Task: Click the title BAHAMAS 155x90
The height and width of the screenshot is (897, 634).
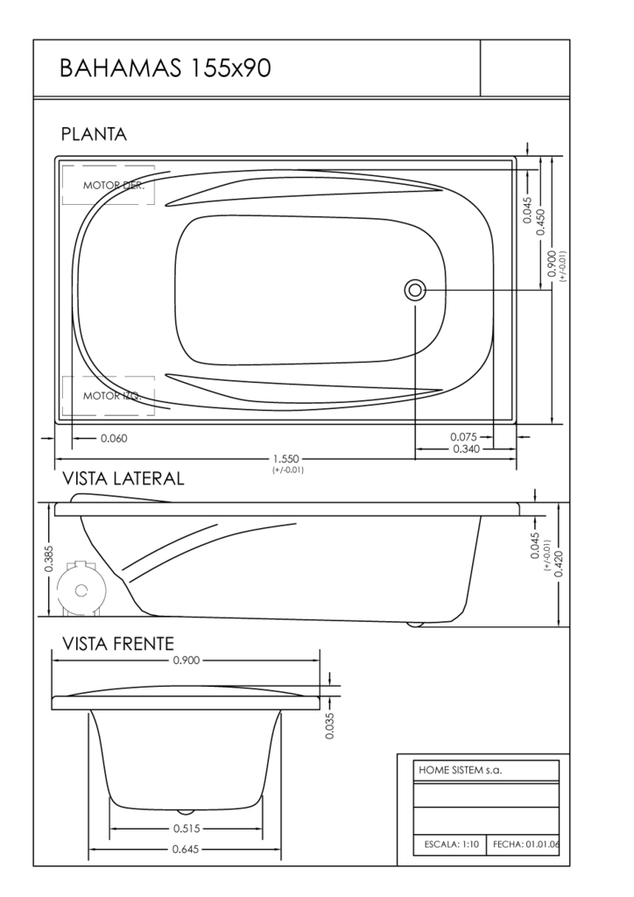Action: point(166,68)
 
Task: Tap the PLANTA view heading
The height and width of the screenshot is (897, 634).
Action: point(94,134)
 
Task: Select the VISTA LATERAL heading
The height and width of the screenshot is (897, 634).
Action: point(123,478)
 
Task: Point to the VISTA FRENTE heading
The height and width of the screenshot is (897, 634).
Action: point(117,644)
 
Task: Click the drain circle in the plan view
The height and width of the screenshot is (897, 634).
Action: point(414,291)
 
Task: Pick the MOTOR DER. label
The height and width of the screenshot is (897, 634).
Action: point(114,186)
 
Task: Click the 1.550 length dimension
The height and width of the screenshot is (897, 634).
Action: point(285,459)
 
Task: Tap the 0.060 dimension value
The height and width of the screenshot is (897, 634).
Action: point(114,439)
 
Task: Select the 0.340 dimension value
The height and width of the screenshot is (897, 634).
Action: point(467,449)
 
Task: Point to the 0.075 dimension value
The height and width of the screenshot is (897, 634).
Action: point(463,438)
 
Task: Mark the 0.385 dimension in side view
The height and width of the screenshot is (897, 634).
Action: point(48,559)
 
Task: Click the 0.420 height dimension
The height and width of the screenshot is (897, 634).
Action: point(559,563)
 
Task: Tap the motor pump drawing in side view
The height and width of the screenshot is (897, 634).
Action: point(81,590)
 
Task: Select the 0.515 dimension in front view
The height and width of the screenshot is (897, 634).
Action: point(187,829)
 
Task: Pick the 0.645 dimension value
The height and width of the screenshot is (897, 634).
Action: point(186,850)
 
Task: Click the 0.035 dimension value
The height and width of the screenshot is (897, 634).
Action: point(329,725)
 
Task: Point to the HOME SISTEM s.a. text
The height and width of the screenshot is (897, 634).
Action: point(461,770)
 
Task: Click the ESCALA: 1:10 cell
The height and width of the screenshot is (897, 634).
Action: point(450,844)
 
